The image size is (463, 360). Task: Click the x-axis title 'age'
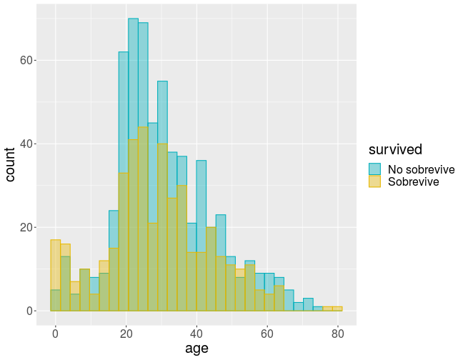point(196,348)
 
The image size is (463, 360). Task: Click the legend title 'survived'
point(395,149)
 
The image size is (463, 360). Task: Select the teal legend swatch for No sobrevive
point(374,169)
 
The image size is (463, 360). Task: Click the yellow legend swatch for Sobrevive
point(374,181)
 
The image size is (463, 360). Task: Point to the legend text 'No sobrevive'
point(421,169)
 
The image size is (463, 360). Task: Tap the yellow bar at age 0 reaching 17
point(55,275)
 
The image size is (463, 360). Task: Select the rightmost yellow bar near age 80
point(337,309)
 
